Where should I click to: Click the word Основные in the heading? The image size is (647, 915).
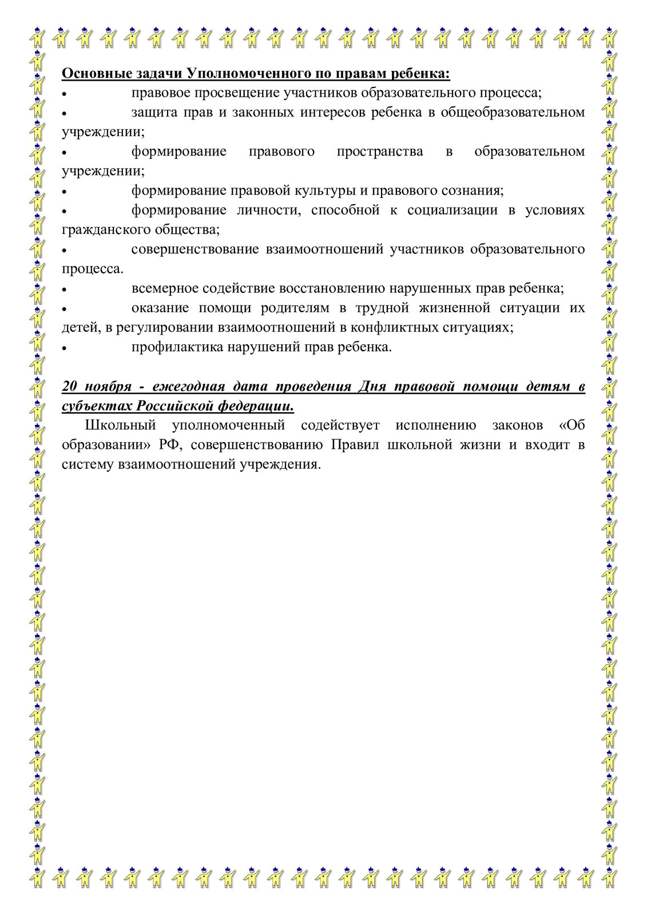[x=90, y=74]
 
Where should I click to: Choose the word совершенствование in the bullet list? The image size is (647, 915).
[x=195, y=249]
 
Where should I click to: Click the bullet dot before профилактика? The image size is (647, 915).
[x=65, y=348]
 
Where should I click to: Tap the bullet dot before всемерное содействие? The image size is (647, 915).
[x=65, y=289]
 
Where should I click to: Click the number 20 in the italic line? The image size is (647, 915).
[x=69, y=387]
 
